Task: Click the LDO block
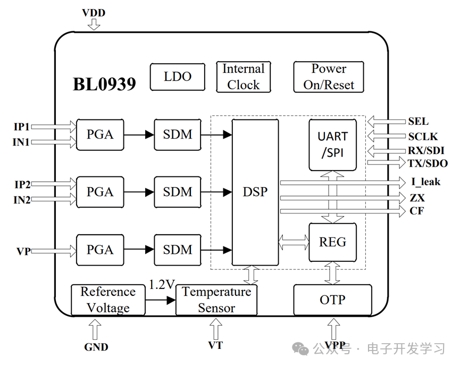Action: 177,77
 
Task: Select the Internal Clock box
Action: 243,77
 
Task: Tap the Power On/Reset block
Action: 329,77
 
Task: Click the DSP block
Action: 255,192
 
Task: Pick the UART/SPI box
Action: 332,145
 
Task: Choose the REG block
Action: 332,242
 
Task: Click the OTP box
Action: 332,300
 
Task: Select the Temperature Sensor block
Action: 216,300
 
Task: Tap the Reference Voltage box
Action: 108,300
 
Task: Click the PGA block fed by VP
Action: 100,250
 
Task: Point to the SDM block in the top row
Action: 178,134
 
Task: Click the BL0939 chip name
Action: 104,84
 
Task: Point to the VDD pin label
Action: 94,12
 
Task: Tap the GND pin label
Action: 96,347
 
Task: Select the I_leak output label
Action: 425,182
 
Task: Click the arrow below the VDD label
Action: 94,24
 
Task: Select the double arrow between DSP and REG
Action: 294,243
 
